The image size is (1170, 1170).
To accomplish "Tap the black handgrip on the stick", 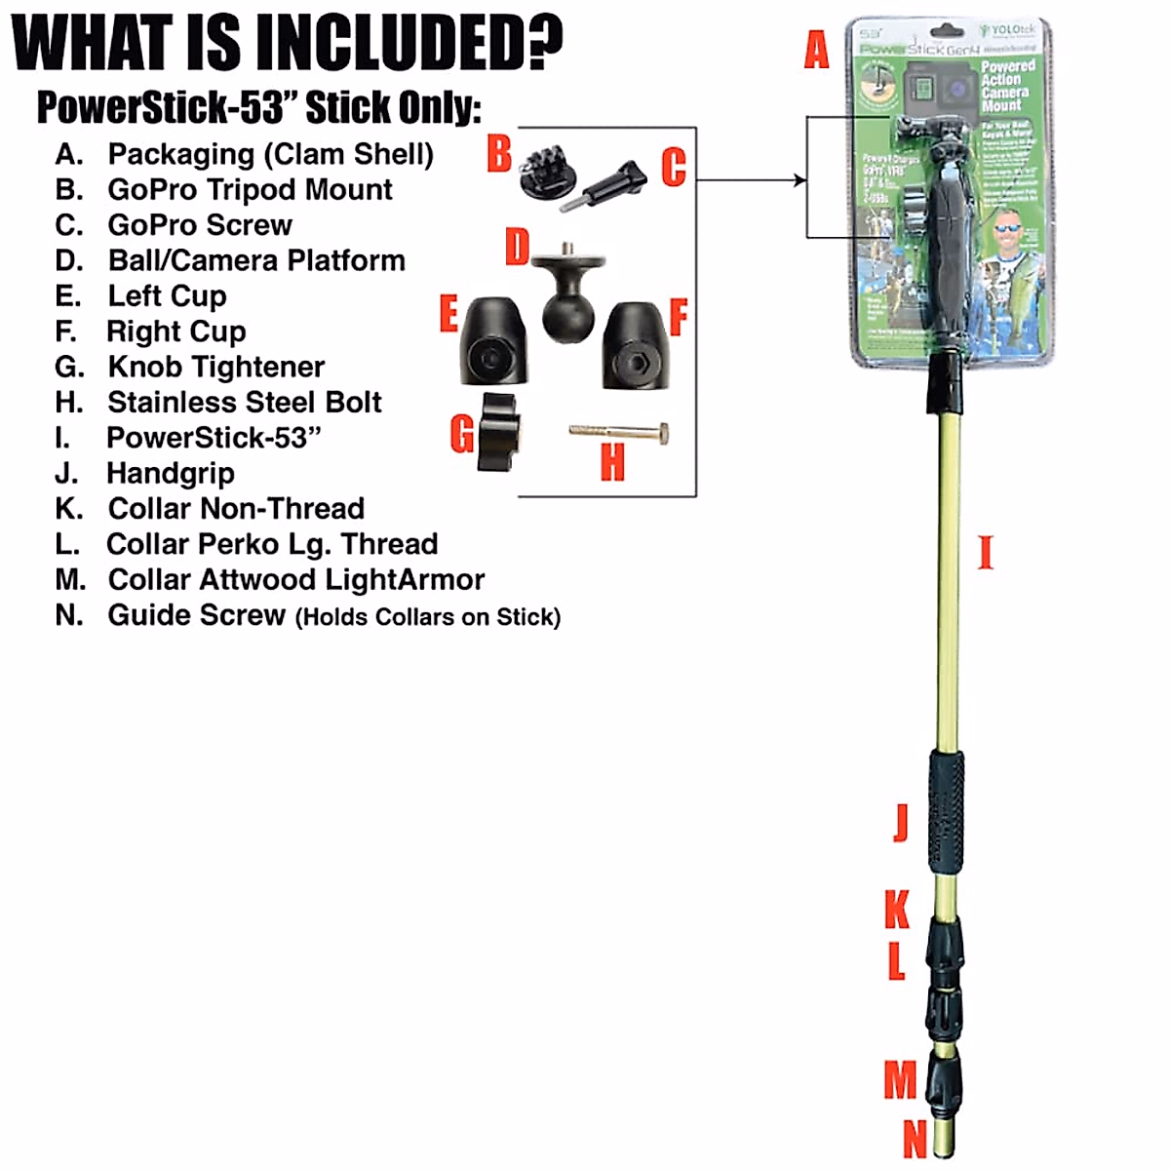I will tap(945, 813).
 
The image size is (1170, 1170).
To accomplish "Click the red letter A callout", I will tap(816, 49).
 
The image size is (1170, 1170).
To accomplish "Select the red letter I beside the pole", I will tap(985, 552).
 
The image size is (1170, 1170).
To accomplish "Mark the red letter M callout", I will tap(900, 1080).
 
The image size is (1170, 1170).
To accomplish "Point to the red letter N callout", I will tap(915, 1138).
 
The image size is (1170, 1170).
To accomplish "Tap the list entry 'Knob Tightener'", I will tap(215, 367).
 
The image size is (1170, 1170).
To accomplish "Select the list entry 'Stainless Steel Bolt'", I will tap(244, 402).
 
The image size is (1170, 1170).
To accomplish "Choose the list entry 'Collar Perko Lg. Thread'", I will tap(272, 544).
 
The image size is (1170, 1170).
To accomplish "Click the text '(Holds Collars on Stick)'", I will tap(428, 617).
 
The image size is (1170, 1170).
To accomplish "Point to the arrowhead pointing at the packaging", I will tap(800, 179).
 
